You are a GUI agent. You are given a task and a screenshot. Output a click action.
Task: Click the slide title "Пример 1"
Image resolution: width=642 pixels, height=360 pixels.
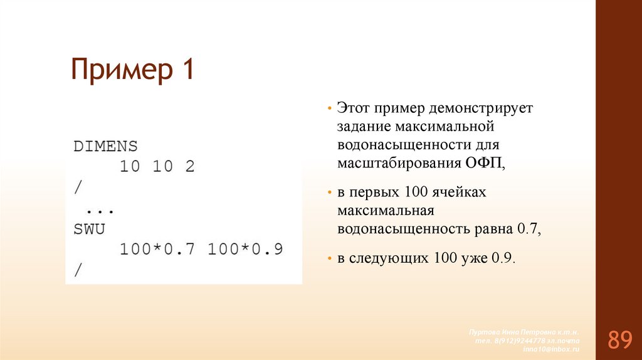pyautogui.click(x=132, y=70)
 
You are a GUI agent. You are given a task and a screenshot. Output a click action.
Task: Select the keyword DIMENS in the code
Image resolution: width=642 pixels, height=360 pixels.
pyautogui.click(x=105, y=147)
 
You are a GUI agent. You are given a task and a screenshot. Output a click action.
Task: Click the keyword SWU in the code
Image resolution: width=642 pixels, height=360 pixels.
pyautogui.click(x=89, y=229)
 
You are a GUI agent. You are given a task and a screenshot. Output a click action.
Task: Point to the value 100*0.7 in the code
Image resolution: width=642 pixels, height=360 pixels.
pyautogui.click(x=157, y=250)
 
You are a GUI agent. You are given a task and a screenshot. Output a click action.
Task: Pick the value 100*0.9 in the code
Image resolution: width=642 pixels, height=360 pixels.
pyautogui.click(x=245, y=250)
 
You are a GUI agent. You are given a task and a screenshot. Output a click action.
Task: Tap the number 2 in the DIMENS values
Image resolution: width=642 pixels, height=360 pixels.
pyautogui.click(x=189, y=167)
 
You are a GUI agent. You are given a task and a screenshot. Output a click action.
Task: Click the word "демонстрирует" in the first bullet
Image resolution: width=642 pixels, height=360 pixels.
pyautogui.click(x=481, y=108)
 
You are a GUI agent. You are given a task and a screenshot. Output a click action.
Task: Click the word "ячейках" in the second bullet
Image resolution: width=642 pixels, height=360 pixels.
pyautogui.click(x=463, y=192)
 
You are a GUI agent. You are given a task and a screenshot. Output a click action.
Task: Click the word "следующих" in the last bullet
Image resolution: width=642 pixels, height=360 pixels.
pyautogui.click(x=392, y=258)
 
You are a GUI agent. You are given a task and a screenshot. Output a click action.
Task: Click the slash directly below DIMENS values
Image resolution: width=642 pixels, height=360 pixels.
pyautogui.click(x=78, y=188)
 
